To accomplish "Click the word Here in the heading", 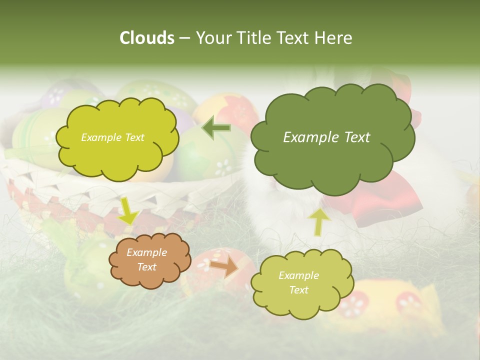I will click(335, 38).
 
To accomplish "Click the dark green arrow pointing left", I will click(216, 128).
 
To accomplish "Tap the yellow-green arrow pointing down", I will click(128, 210).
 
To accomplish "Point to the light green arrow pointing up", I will click(318, 221).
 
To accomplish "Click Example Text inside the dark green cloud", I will click(326, 137).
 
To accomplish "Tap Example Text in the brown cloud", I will click(146, 260).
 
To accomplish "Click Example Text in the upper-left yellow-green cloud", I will click(112, 137).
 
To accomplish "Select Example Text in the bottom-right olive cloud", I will click(298, 282).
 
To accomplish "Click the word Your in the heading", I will click(211, 38).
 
